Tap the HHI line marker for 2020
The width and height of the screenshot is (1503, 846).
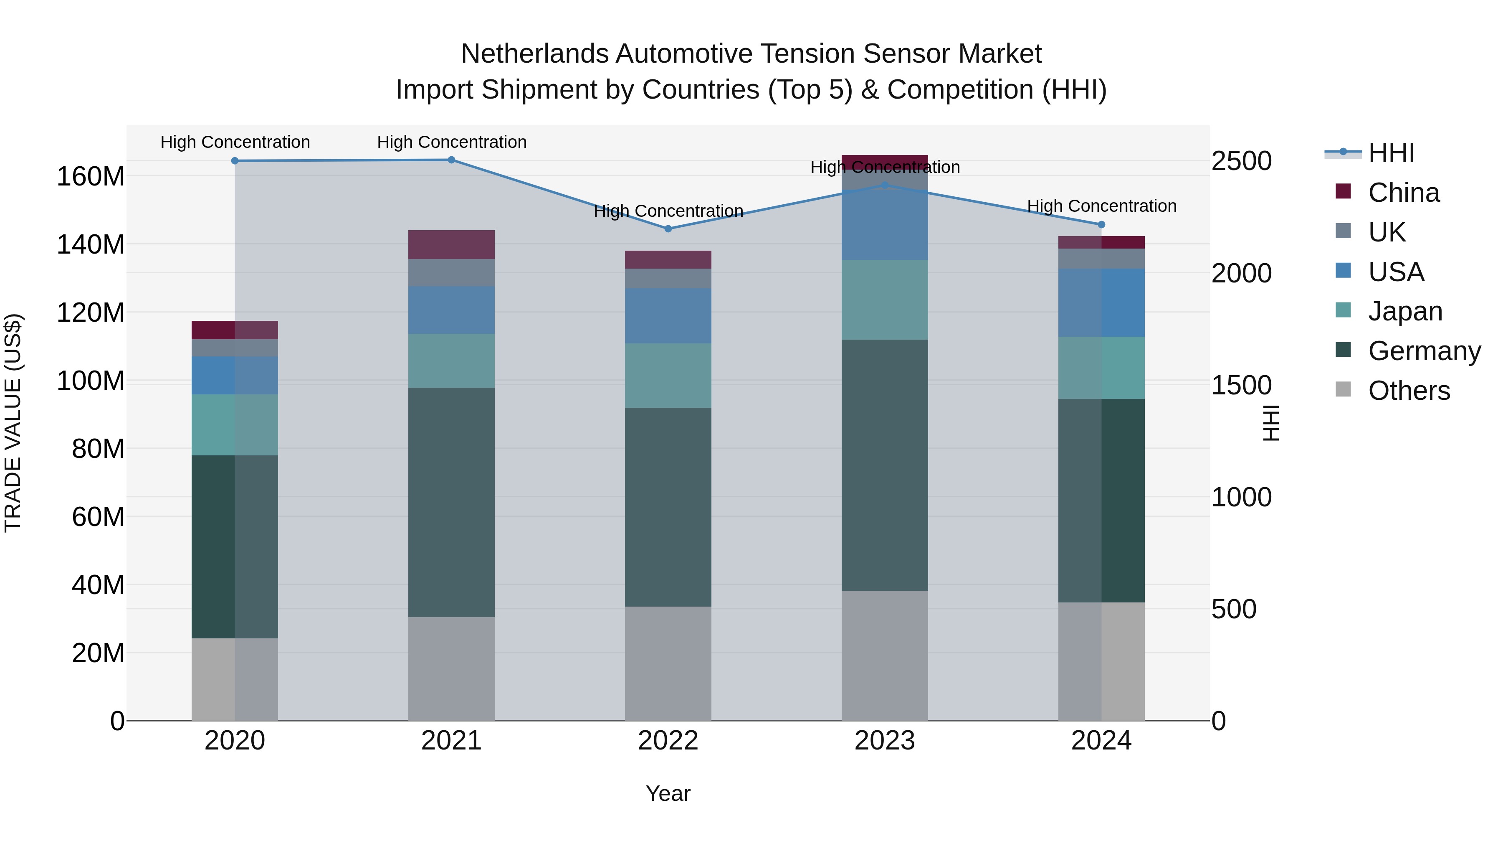(x=235, y=160)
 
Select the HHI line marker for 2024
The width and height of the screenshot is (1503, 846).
(x=1102, y=225)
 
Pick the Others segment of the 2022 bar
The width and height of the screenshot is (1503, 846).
(x=668, y=663)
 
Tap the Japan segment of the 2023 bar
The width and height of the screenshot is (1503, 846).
(x=885, y=300)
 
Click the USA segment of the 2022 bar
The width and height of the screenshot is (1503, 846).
(x=668, y=315)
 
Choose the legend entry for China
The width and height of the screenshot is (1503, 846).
(x=1404, y=193)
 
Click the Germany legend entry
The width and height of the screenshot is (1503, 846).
(x=1424, y=351)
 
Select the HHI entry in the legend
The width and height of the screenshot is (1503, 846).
(x=1391, y=153)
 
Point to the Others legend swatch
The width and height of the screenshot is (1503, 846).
(x=1343, y=390)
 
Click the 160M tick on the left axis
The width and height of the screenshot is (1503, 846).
(x=91, y=176)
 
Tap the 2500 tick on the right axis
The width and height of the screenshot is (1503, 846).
(x=1242, y=161)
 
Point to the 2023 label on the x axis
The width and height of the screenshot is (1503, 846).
(x=885, y=741)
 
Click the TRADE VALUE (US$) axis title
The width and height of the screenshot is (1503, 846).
(x=13, y=423)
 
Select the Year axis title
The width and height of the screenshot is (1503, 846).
(x=668, y=793)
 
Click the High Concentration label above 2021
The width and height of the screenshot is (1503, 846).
(x=452, y=142)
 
